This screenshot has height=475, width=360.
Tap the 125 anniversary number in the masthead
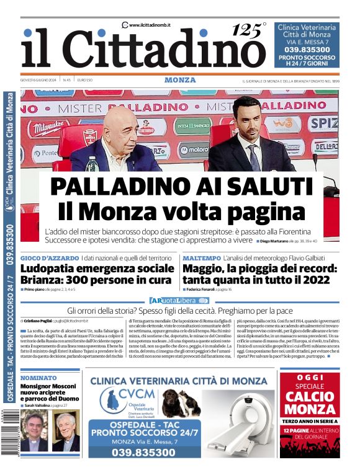pyautogui.click(x=246, y=30)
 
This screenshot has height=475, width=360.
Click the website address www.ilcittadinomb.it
pyautogui.click(x=150, y=24)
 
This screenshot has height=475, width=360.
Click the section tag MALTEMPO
pyautogui.click(x=199, y=257)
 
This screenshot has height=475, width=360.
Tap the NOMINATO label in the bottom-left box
pyautogui.click(x=40, y=378)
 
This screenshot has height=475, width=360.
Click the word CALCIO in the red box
pyautogui.click(x=310, y=396)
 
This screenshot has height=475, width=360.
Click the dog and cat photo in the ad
pyautogui.click(x=181, y=402)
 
